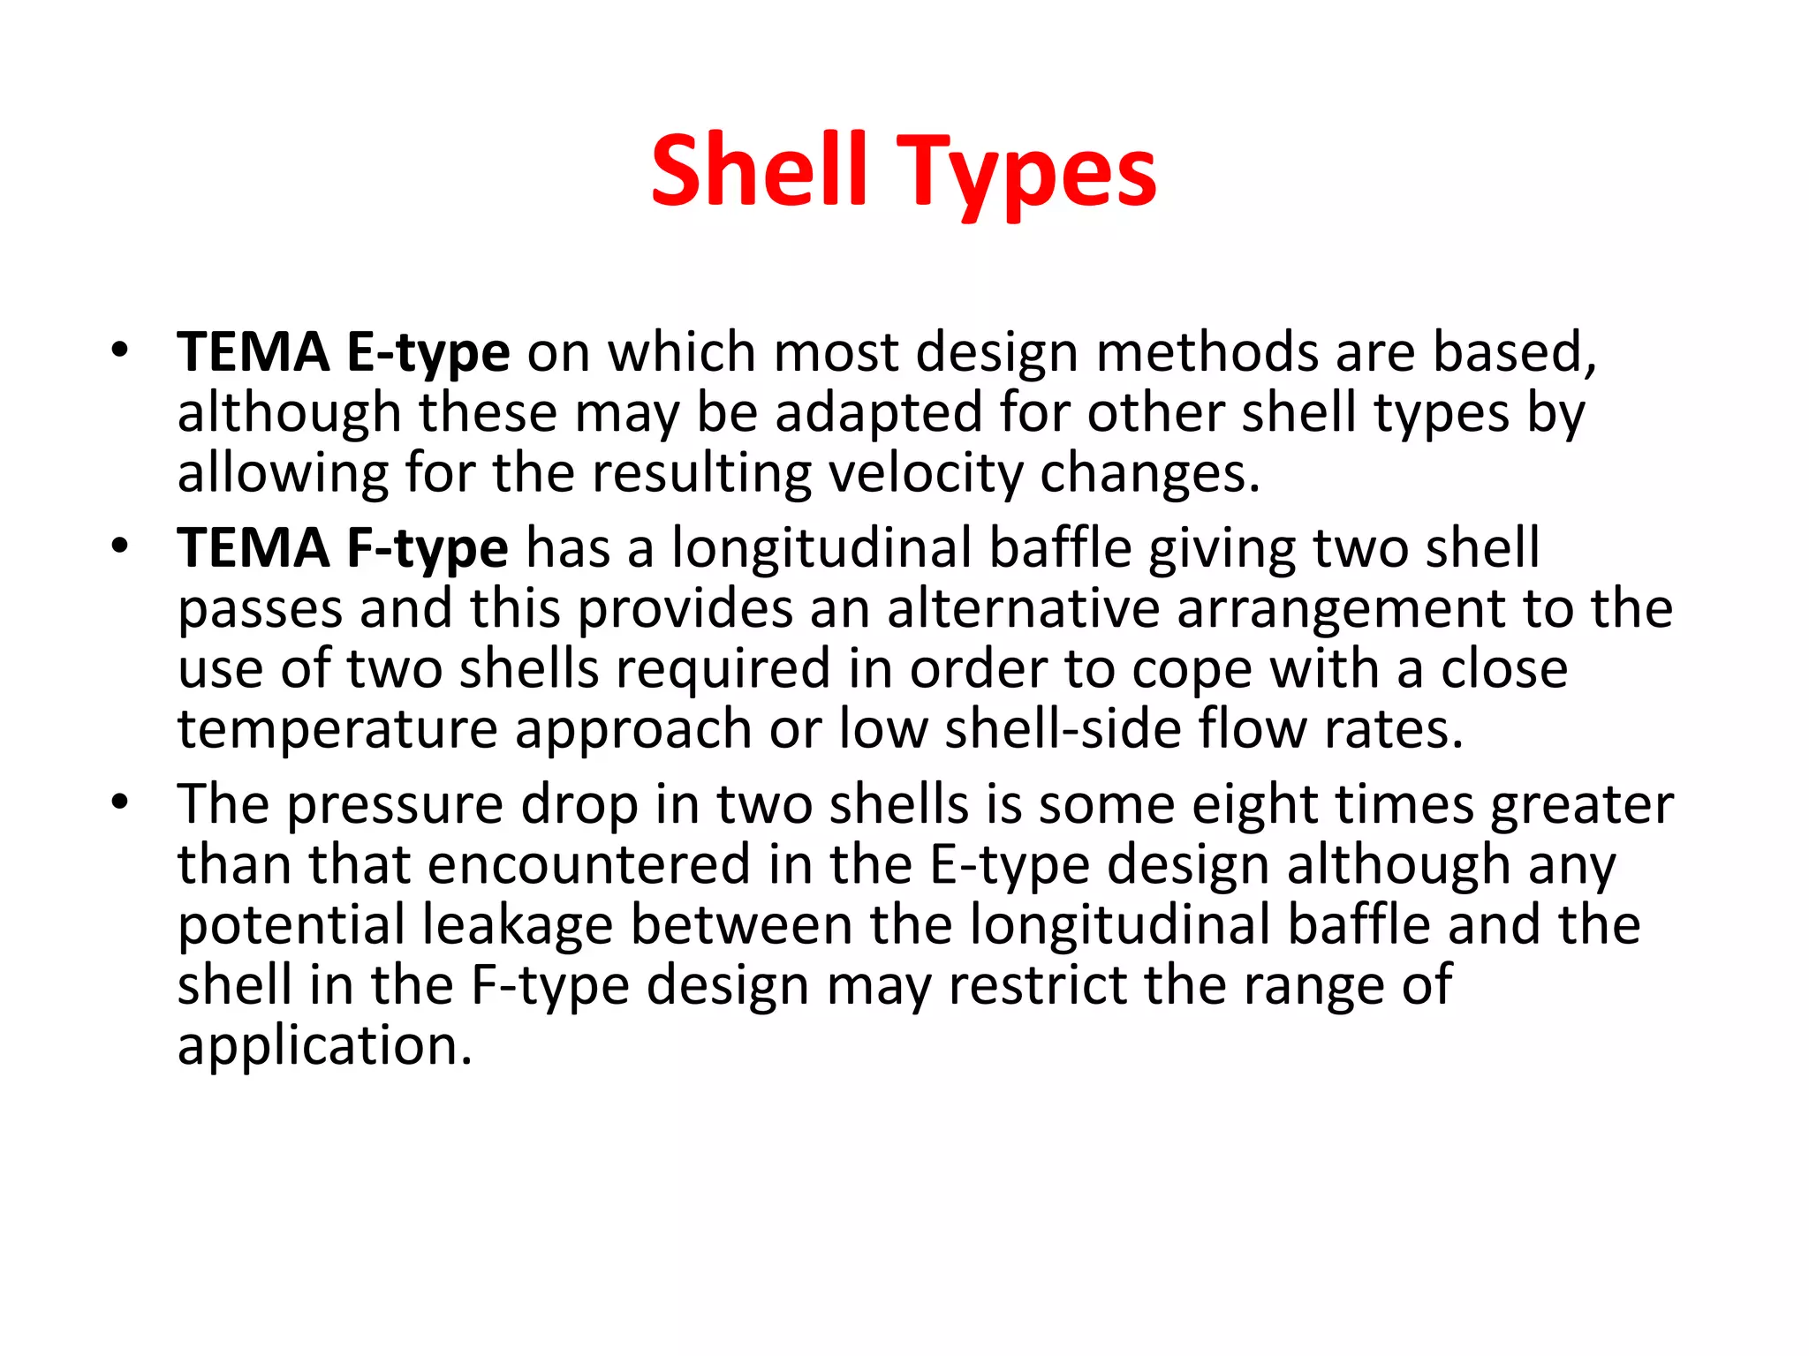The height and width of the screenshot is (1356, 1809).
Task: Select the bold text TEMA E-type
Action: coord(344,352)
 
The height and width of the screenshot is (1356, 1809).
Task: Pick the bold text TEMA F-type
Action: coord(343,548)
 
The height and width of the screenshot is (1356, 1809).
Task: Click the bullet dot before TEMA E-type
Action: coord(120,350)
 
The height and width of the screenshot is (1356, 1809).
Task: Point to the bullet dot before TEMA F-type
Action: coord(120,546)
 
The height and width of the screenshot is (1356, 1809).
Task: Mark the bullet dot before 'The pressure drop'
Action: coord(120,802)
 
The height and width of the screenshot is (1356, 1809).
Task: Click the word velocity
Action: coord(924,473)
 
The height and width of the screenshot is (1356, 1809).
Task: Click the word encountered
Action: coord(588,864)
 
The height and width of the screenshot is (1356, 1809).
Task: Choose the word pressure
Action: coord(396,805)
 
